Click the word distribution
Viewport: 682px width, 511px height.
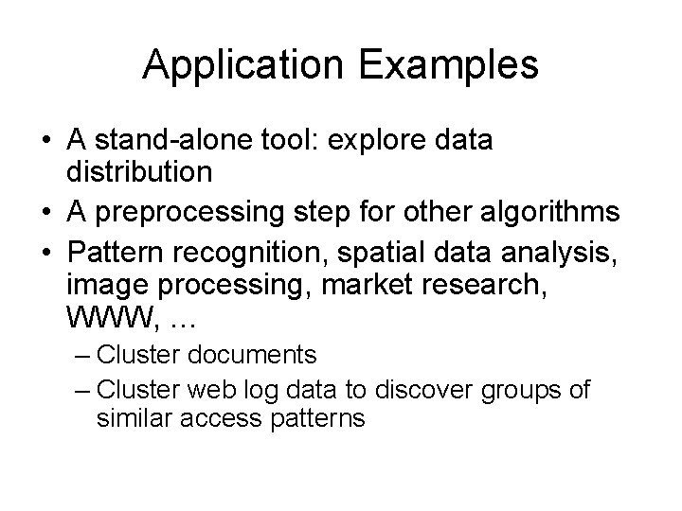click(x=141, y=173)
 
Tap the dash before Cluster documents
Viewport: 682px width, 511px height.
click(x=81, y=356)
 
